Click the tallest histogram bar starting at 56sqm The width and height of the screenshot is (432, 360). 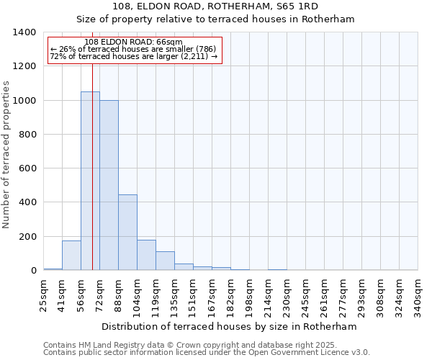[90, 181]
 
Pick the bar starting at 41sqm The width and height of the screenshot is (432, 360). [71, 256]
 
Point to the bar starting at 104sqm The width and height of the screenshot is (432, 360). [146, 255]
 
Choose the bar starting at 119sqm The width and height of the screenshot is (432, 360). [165, 261]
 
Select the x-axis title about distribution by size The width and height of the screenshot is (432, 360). [229, 327]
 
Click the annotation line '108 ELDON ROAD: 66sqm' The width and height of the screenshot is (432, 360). [133, 42]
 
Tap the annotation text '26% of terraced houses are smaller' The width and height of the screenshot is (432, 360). [134, 50]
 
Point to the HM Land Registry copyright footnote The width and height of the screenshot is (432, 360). [191, 345]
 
